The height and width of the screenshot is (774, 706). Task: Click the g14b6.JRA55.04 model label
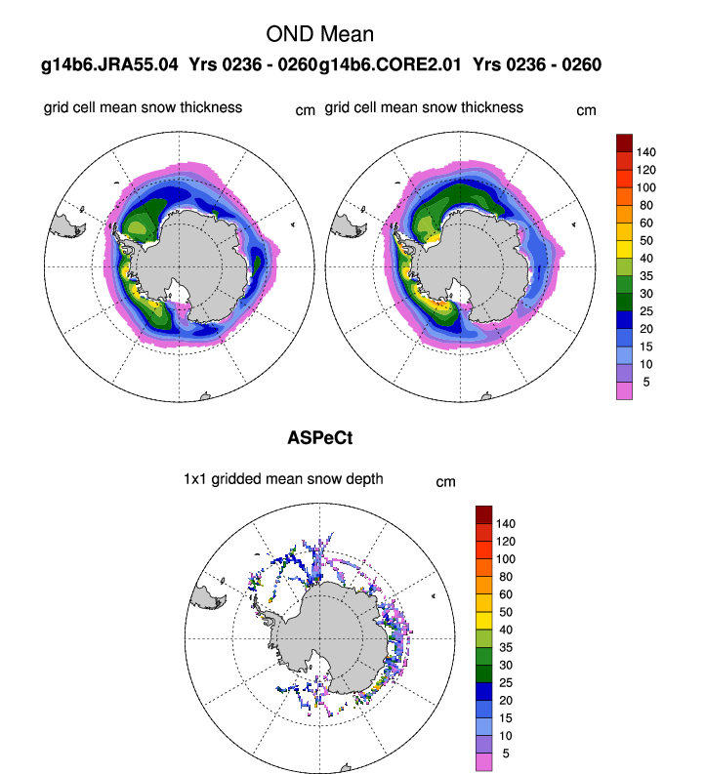(109, 65)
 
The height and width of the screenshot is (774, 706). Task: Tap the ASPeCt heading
(320, 438)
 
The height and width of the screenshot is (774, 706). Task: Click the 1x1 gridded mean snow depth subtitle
(283, 478)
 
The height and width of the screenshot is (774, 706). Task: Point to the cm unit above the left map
(306, 110)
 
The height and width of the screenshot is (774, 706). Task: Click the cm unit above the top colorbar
(586, 110)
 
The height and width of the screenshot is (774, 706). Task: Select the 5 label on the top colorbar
(645, 382)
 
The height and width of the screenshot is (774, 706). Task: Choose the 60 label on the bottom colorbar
(506, 594)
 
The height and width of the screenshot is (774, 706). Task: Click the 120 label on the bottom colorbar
(506, 541)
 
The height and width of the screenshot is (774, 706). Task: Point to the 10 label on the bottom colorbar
(506, 736)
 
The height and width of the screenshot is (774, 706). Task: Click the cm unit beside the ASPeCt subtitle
(445, 481)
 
